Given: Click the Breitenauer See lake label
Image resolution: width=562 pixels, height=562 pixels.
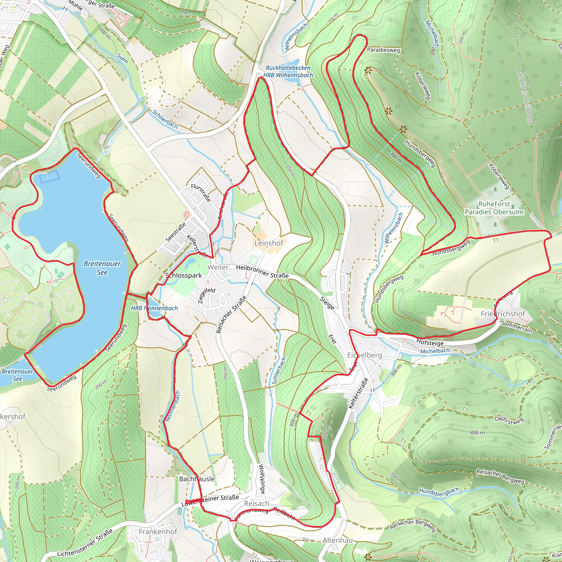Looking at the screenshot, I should click(x=102, y=268).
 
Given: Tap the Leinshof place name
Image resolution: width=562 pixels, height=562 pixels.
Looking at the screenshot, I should click(x=268, y=243).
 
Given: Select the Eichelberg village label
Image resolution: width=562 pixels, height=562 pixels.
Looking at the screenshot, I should click(x=364, y=355).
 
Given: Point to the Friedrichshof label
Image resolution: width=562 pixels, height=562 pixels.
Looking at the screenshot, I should click(x=503, y=314).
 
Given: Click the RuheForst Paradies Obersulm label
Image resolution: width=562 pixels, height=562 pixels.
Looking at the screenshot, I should click(x=494, y=208).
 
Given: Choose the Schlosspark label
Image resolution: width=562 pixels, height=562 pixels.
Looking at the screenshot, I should click(x=184, y=275).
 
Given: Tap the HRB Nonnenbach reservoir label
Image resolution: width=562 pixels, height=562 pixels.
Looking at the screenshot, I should click(x=154, y=308).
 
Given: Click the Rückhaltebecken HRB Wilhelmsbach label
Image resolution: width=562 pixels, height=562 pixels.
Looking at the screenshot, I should click(x=288, y=71).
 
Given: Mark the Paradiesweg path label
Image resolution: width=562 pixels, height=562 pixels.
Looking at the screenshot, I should click(x=383, y=50).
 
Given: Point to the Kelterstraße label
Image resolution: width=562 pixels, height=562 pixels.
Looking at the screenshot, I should click(x=358, y=393).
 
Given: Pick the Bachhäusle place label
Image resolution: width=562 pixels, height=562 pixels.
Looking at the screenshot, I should click(x=197, y=479).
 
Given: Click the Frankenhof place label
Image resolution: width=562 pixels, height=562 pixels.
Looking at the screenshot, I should click(x=158, y=532).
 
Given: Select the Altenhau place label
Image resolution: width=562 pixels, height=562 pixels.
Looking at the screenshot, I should click(x=338, y=540).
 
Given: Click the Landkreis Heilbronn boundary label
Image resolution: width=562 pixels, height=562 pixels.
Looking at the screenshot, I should click(x=524, y=97).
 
